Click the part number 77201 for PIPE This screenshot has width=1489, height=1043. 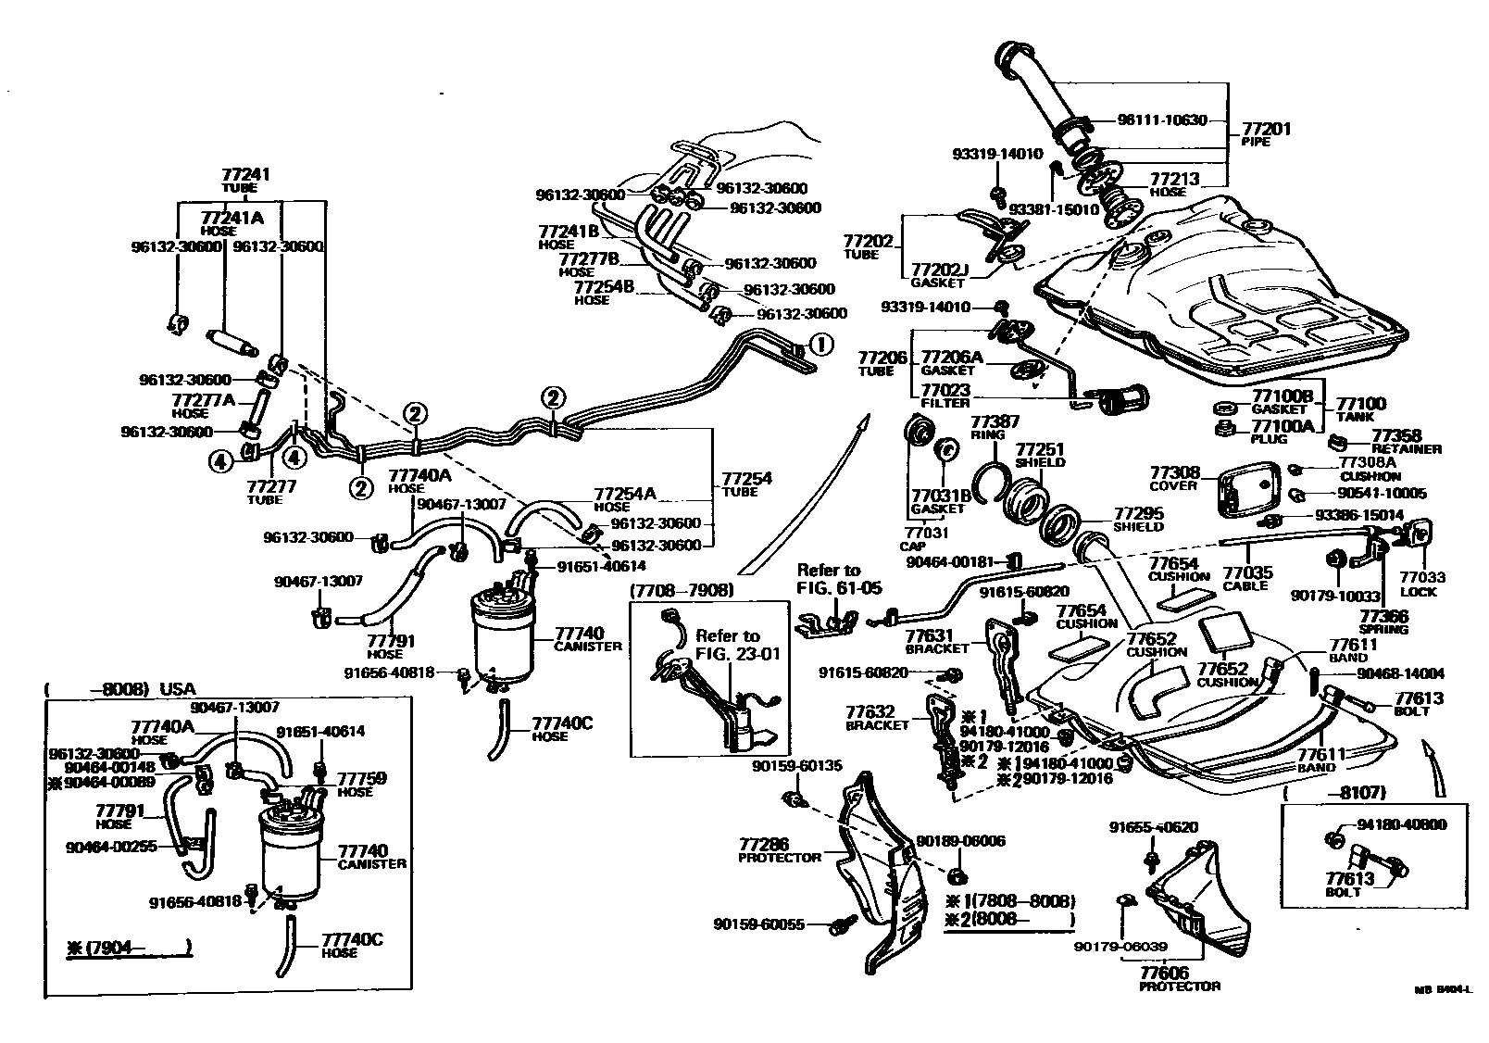[1266, 130]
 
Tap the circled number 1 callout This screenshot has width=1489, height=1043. [820, 345]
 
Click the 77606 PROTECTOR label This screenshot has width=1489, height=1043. [1179, 978]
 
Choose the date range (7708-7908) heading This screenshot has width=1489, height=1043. [682, 590]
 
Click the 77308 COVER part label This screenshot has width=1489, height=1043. [1174, 478]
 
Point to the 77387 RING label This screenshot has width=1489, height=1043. [993, 426]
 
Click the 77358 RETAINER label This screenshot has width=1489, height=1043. [1406, 441]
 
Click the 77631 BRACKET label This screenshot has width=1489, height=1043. [930, 641]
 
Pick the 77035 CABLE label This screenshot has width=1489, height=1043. [1247, 579]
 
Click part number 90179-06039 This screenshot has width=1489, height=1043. [1121, 947]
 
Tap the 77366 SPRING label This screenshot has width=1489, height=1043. [1383, 622]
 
